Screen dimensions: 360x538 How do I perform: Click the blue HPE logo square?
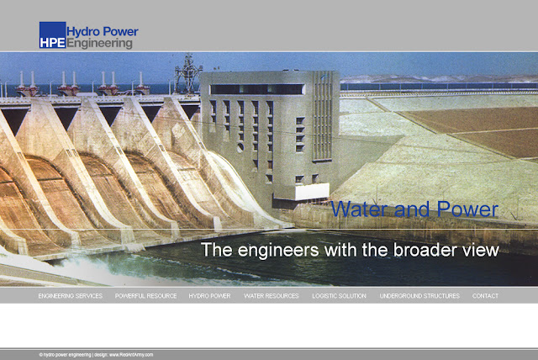coord(52,35)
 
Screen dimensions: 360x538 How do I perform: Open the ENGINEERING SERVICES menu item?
coord(70,296)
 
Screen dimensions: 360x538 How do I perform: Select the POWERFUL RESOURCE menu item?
coord(145,296)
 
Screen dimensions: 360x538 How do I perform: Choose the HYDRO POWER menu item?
coord(209,296)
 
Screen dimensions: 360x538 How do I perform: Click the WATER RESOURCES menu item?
coord(271,296)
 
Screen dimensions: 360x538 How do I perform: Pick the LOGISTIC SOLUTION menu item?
coord(339,296)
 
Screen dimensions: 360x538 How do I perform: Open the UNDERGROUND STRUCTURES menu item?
coord(419,296)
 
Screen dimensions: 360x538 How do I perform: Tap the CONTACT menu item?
coord(485,296)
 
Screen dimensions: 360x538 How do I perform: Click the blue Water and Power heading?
coord(414,209)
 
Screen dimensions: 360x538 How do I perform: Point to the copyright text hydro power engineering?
coord(67,355)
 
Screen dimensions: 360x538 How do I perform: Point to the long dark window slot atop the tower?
coord(256,88)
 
